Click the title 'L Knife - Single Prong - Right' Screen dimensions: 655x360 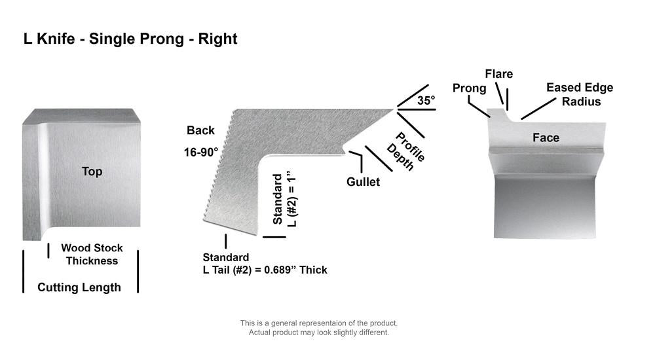(x=130, y=39)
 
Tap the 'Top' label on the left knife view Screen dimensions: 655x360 (x=92, y=171)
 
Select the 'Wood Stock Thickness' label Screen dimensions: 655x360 (x=92, y=255)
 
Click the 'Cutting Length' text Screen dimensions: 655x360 (x=79, y=287)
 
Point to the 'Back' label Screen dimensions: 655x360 (x=200, y=130)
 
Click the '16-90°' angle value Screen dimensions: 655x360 (x=201, y=153)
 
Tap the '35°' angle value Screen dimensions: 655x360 (x=426, y=101)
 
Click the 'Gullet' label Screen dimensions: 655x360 (x=363, y=182)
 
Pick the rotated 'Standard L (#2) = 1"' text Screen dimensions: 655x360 (x=284, y=199)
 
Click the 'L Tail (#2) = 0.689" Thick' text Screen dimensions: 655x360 (x=265, y=270)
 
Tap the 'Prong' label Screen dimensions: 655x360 (x=470, y=88)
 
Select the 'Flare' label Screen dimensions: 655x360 (x=498, y=74)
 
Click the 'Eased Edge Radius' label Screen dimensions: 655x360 (x=580, y=94)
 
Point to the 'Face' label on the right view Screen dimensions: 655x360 (x=546, y=138)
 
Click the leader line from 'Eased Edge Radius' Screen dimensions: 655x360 (x=538, y=109)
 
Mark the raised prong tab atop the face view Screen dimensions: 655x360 (x=497, y=114)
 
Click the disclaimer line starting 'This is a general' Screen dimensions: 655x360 (x=319, y=323)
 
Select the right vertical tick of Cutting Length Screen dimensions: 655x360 (x=138, y=272)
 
